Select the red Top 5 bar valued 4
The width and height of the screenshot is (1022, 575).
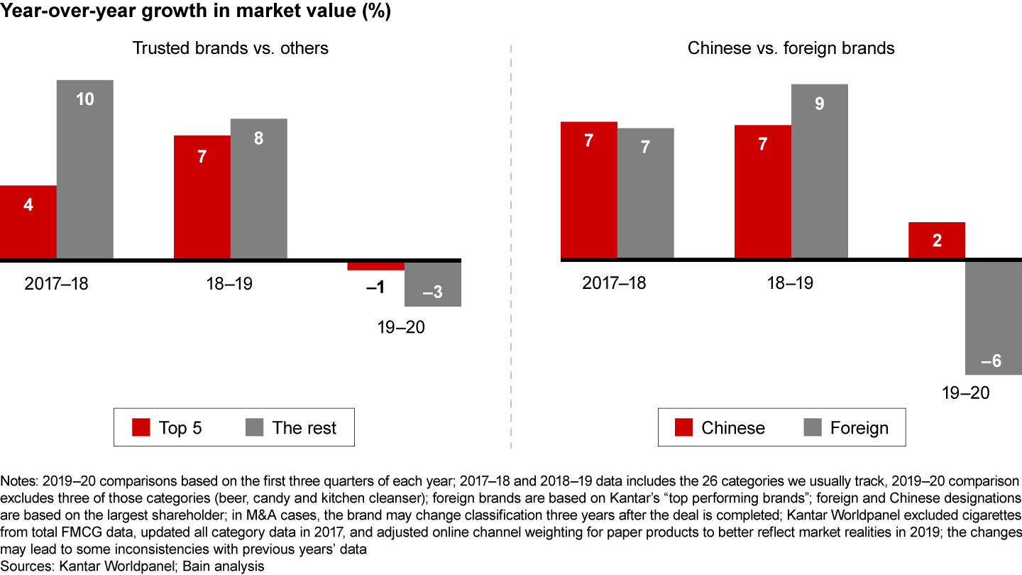point(28,222)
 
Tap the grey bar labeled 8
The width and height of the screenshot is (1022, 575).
point(259,188)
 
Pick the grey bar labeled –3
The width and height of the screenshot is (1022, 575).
point(433,285)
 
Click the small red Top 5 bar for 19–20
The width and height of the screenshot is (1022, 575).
point(375,266)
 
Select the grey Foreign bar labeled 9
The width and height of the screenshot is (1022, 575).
point(820,171)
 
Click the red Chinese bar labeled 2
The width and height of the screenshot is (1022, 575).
point(937,240)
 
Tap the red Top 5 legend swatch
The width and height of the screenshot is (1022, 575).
point(141,427)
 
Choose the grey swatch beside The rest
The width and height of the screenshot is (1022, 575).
point(254,427)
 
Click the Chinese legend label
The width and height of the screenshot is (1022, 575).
point(733,428)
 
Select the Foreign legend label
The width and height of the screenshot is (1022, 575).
point(859,428)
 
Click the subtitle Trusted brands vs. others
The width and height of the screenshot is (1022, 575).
point(231,48)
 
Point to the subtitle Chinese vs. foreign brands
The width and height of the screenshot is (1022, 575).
point(791,48)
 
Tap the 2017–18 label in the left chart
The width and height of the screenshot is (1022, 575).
point(57,283)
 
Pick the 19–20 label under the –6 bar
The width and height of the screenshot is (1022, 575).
point(966,393)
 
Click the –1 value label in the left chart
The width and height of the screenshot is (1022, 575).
point(375,287)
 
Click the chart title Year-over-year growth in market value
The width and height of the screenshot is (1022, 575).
point(196,13)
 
